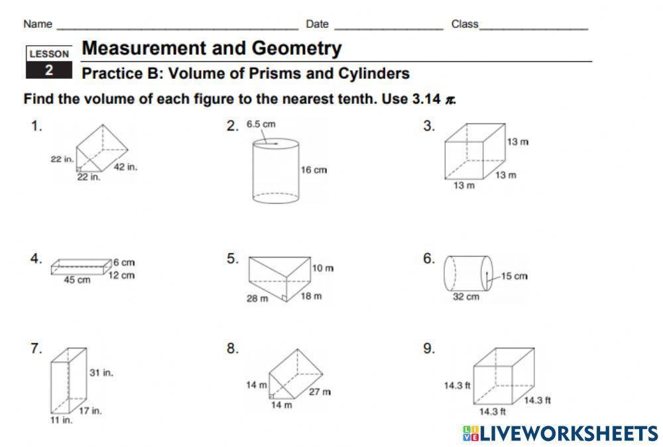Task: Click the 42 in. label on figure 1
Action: point(125,167)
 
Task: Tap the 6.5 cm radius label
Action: point(261,124)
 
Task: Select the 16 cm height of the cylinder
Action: point(314,170)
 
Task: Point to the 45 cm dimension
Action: point(77,280)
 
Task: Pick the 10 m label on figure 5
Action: point(323,268)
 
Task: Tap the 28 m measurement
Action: point(257,298)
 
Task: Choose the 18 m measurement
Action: point(310,295)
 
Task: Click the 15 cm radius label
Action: point(514,276)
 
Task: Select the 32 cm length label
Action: point(465,297)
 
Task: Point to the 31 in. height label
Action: point(101,373)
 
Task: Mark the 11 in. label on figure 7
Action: point(62,420)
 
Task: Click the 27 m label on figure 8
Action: point(320,391)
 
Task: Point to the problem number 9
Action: point(429,349)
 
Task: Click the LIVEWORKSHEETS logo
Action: point(560,433)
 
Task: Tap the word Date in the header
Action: point(317,24)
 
